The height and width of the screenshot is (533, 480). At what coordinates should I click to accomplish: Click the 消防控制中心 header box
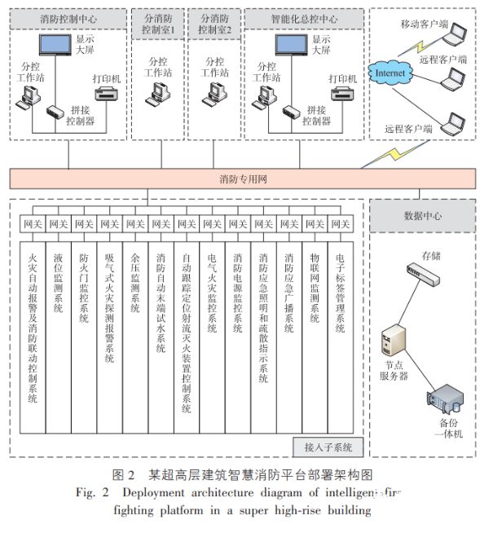pyautogui.click(x=66, y=16)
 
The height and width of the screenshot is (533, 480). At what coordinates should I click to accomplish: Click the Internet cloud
pyautogui.click(x=389, y=74)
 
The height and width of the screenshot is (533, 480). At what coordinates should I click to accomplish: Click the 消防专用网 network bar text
pyautogui.click(x=243, y=179)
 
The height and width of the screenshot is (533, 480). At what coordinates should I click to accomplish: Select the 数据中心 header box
pyautogui.click(x=422, y=214)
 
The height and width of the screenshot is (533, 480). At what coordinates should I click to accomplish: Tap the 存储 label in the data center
pyautogui.click(x=432, y=255)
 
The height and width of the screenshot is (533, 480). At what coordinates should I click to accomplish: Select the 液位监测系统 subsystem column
pyautogui.click(x=57, y=285)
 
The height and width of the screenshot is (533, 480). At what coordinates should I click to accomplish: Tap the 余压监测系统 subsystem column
pyautogui.click(x=134, y=285)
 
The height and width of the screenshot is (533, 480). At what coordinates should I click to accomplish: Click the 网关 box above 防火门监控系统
pyautogui.click(x=83, y=223)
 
